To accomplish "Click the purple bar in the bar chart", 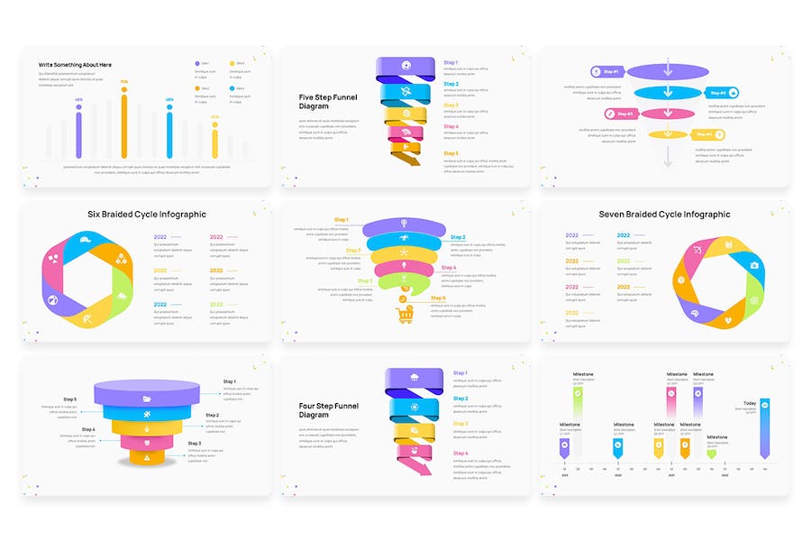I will (x=78, y=133).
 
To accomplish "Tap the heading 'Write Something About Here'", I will (x=75, y=65).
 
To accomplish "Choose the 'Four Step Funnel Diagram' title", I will (x=328, y=410).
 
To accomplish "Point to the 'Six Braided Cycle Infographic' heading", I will (x=146, y=215).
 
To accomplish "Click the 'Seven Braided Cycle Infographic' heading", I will (x=664, y=215).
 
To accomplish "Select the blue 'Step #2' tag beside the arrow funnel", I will (x=723, y=92).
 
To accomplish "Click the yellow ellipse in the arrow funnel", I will (x=668, y=135).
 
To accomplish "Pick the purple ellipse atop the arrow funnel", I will (x=668, y=70).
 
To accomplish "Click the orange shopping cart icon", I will (x=404, y=314).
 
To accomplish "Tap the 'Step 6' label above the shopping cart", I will (x=437, y=298).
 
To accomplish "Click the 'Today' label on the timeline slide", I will (x=750, y=403).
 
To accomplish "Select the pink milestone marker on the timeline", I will (x=670, y=404).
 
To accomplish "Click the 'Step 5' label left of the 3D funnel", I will (x=70, y=399).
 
